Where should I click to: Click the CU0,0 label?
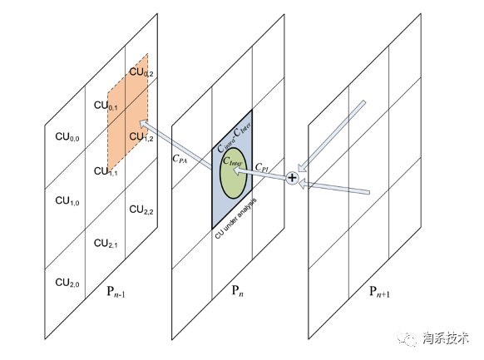67,137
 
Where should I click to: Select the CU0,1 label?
106,106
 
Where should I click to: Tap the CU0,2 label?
141,72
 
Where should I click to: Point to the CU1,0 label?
67,201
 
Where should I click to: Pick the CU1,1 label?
106,171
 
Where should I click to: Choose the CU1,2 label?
141,136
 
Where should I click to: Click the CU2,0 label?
67,283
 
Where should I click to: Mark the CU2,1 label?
106,244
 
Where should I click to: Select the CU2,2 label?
141,210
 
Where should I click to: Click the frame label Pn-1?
116,292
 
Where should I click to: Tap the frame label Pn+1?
379,292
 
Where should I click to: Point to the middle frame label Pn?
237,291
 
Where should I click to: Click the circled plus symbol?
292,178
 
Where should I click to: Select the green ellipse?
234,173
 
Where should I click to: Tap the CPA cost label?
180,159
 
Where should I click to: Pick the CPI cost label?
262,167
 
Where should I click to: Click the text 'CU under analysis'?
236,219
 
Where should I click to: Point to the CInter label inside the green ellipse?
233,161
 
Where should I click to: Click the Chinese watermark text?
446,338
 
